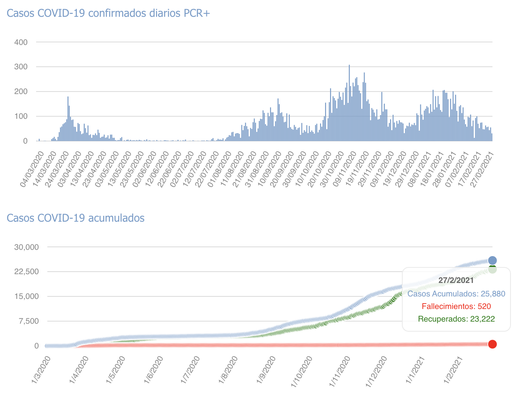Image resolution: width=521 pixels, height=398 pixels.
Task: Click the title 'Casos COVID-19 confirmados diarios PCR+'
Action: click(x=108, y=13)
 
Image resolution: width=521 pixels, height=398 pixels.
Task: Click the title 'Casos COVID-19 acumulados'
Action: click(x=76, y=218)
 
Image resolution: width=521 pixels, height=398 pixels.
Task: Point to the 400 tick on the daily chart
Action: click(x=21, y=42)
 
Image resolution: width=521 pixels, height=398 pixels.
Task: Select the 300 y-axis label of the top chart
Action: click(x=21, y=67)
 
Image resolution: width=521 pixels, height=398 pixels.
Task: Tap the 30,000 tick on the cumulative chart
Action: click(x=26, y=247)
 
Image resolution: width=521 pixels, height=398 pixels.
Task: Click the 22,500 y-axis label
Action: click(x=26, y=272)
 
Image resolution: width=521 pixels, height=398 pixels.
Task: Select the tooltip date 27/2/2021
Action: click(x=456, y=280)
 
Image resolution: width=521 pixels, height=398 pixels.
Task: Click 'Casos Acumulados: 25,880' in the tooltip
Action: click(x=456, y=294)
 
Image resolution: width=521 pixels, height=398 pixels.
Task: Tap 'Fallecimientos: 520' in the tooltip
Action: click(x=456, y=306)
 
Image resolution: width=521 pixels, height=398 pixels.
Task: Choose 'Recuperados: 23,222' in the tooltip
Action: click(x=456, y=319)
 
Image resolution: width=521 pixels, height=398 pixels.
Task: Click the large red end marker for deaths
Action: click(x=492, y=344)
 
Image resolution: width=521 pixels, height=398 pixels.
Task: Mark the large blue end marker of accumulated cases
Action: click(x=492, y=260)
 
